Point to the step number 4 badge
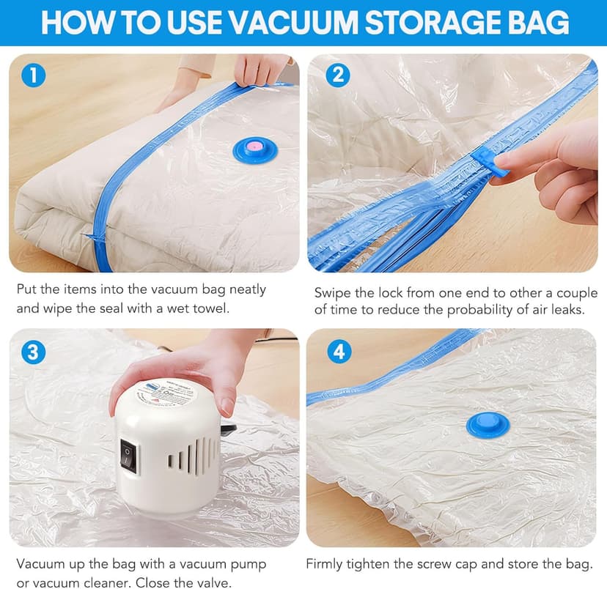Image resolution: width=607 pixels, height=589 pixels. pyautogui.click(x=338, y=351)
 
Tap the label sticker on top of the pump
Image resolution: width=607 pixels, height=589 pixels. pyautogui.click(x=165, y=388)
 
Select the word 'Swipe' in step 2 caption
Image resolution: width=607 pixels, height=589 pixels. pyautogui.click(x=331, y=292)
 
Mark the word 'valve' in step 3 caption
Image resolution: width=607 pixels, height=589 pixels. pyautogui.click(x=213, y=582)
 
